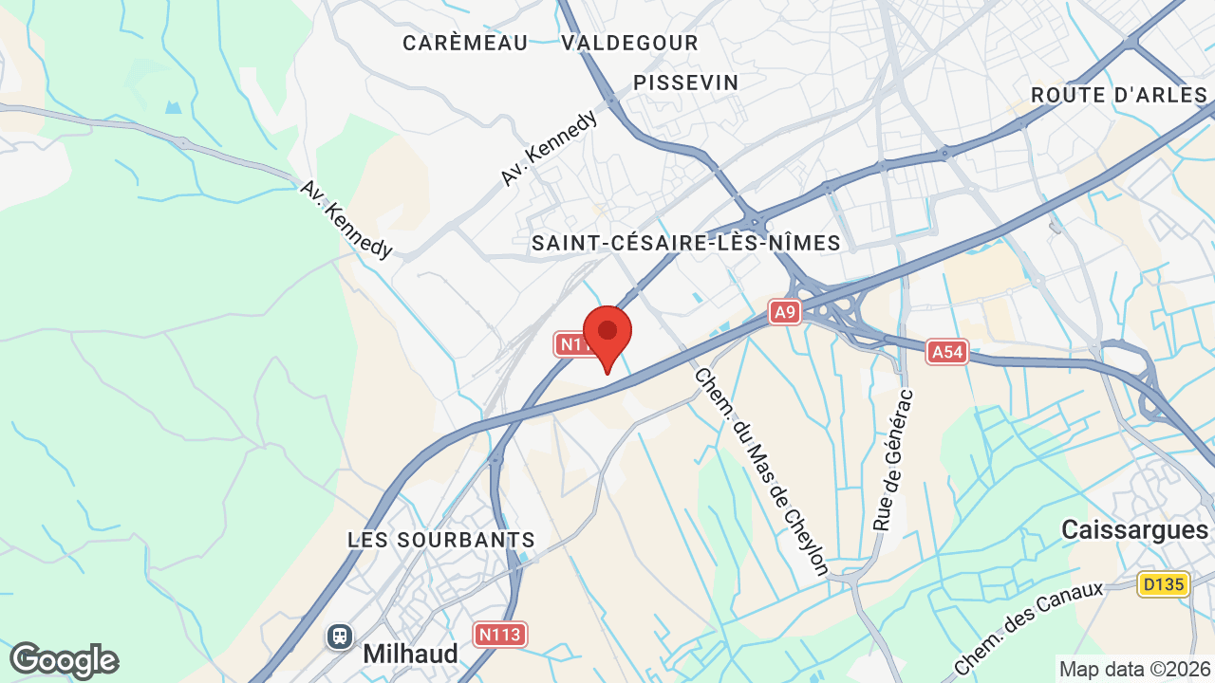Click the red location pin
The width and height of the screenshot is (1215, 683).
[x=607, y=333]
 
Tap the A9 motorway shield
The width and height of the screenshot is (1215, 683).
[x=784, y=312]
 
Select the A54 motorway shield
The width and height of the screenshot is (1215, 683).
[x=947, y=353]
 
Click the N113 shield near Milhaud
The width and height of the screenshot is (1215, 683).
[x=500, y=635]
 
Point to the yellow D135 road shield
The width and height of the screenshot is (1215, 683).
[x=1164, y=584]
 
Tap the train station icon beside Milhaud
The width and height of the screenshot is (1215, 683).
[x=340, y=636]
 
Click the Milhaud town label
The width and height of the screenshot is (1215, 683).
[x=410, y=654]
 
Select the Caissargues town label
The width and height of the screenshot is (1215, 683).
[x=1134, y=529]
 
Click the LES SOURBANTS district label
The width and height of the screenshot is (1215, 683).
[x=441, y=540]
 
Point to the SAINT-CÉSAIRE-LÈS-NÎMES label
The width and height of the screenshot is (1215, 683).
[x=686, y=244]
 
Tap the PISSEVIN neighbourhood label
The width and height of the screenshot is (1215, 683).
[x=686, y=83]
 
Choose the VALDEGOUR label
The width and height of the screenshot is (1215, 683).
[x=629, y=43]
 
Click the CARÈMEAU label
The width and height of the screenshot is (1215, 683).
[x=465, y=43]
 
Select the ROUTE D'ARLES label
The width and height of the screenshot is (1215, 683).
[x=1119, y=95]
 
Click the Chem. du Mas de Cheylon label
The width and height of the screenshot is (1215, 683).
[x=761, y=471]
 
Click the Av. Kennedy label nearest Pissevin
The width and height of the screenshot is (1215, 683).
[x=550, y=147]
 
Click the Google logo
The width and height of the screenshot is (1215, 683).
[x=64, y=660]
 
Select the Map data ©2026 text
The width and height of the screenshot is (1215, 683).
[x=1134, y=669]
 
